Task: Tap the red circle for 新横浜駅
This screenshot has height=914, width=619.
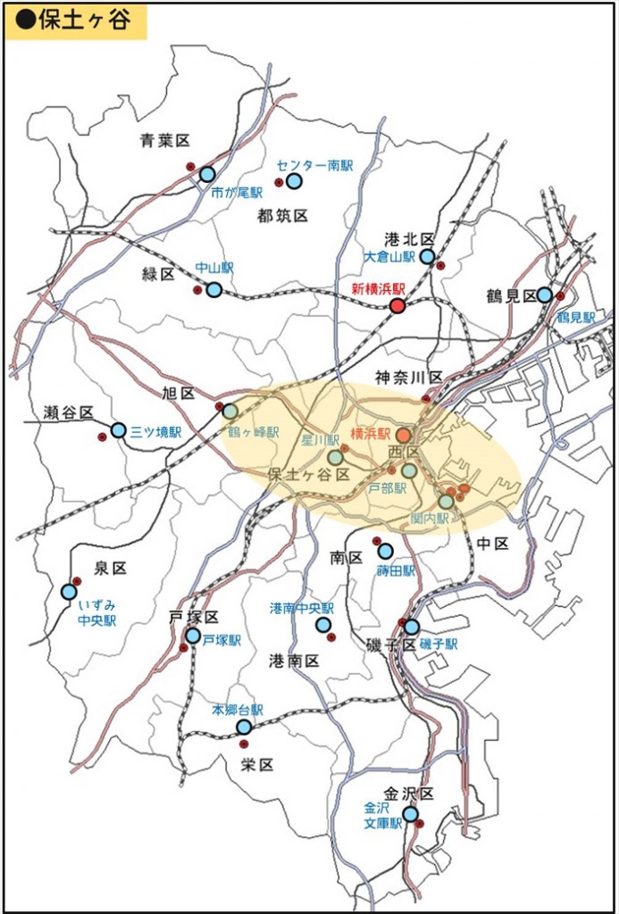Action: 398,305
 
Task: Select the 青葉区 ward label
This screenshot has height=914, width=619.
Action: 165,140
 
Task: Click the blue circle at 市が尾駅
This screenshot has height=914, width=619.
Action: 207,174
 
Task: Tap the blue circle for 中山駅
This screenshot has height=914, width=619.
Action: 214,289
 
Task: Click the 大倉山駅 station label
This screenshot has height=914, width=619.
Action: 390,256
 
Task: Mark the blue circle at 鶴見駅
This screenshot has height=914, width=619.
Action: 544,295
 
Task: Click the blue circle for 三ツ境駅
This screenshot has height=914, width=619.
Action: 119,430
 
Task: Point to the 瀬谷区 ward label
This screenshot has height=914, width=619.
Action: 69,412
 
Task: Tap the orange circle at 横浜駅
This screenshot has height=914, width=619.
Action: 404,435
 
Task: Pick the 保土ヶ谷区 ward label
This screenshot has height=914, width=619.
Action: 308,475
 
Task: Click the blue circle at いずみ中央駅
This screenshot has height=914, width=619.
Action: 69,591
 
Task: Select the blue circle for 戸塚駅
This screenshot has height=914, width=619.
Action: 193,636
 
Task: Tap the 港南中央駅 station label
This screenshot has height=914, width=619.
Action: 302,607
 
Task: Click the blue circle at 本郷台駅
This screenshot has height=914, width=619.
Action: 244,727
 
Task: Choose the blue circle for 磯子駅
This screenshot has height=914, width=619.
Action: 412,627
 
